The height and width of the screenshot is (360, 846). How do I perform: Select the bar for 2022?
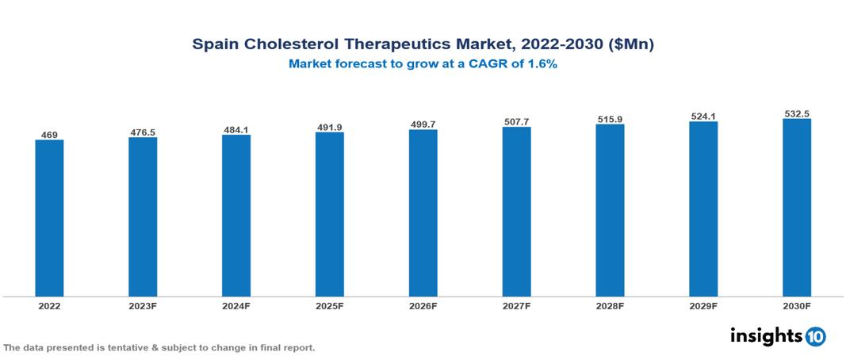click(x=49, y=218)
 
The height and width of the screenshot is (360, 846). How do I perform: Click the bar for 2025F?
click(x=329, y=214)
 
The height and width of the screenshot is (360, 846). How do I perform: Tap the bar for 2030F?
click(x=796, y=208)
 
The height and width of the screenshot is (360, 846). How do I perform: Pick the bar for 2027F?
click(x=516, y=212)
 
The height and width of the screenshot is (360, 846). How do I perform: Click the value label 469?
click(x=49, y=135)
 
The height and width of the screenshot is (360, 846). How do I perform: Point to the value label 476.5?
click(x=143, y=132)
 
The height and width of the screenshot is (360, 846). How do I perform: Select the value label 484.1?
click(x=236, y=130)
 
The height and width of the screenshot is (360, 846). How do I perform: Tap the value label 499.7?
click(x=423, y=124)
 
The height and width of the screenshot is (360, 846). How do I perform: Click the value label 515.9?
click(x=610, y=119)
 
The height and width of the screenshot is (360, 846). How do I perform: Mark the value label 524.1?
click(x=703, y=117)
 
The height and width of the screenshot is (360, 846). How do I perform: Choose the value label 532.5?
click(x=796, y=114)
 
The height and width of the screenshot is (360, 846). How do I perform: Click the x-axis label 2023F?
click(x=143, y=305)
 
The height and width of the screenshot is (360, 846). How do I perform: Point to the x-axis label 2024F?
click(x=236, y=305)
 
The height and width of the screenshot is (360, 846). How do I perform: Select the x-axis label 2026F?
click(x=423, y=305)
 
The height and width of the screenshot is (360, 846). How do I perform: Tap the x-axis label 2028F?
click(x=610, y=305)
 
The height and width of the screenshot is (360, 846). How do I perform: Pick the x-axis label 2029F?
click(x=703, y=305)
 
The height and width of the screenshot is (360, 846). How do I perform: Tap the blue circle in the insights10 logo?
click(x=815, y=336)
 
